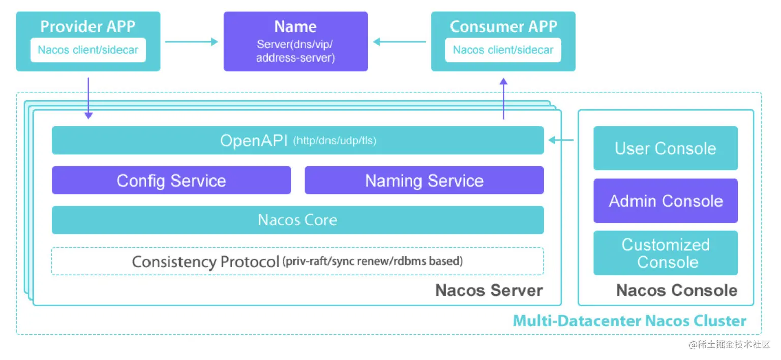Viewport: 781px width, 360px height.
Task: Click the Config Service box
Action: pos(171,181)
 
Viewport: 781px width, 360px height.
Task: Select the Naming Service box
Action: pos(424,181)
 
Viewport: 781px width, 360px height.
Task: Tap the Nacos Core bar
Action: pos(297,220)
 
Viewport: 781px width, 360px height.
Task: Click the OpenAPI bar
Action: pos(297,140)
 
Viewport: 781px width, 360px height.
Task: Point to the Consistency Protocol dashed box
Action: pos(297,261)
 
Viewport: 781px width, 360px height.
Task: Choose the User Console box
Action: pos(665,148)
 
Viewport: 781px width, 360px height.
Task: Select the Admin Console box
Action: pos(665,201)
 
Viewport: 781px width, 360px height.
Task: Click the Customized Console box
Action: pos(665,253)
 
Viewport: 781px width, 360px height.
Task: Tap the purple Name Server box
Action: pos(295,42)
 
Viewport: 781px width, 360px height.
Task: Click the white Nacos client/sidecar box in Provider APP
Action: pos(88,50)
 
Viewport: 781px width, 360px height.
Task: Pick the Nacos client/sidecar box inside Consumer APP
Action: pos(503,50)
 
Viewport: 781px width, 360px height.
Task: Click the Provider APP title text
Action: pos(88,26)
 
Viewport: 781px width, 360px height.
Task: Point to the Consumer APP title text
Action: pos(503,26)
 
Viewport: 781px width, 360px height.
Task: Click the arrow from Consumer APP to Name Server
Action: pos(400,42)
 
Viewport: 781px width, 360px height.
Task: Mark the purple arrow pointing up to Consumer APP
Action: pos(503,99)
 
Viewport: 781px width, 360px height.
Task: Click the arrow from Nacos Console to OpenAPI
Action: pos(561,140)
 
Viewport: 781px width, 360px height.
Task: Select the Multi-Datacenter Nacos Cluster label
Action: pos(629,321)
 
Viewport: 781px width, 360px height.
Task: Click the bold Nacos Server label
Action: pos(489,290)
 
